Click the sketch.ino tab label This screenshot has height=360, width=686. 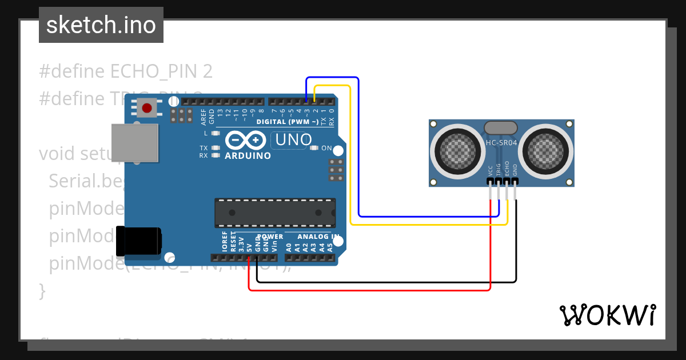point(101,25)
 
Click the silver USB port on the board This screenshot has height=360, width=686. point(135,142)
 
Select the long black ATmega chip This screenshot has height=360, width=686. point(274,213)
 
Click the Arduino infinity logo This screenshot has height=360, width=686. point(246,140)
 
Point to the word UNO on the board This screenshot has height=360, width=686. point(294,139)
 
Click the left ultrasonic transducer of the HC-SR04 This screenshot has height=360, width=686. point(456,151)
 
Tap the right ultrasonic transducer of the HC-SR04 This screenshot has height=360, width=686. point(548,151)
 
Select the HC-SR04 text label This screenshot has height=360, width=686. point(501,143)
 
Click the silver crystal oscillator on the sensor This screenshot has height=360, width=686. point(501,127)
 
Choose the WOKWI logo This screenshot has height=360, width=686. point(607,315)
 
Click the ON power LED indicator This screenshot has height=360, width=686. point(313,148)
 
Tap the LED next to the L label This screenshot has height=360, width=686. point(216,133)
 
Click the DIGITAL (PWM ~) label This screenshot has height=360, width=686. point(288,122)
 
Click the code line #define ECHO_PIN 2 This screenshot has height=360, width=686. point(126,71)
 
